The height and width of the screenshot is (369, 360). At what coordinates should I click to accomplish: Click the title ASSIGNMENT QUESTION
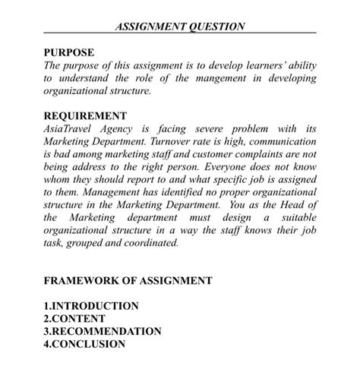[x=180, y=26]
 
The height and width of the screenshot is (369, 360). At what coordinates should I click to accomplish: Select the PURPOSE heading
[x=69, y=52]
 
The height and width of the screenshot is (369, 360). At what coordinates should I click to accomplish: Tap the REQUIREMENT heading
[x=86, y=116]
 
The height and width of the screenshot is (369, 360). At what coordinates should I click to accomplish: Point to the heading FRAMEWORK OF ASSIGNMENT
[x=128, y=280]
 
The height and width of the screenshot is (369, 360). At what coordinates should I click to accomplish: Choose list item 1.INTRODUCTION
[x=91, y=306]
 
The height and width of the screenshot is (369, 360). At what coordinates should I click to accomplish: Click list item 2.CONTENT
[x=74, y=319]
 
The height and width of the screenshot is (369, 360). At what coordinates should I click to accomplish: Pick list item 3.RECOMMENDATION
[x=103, y=331]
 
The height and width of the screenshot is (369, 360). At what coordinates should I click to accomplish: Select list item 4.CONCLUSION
[x=84, y=344]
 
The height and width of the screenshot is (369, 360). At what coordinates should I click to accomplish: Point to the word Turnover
[x=186, y=142]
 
